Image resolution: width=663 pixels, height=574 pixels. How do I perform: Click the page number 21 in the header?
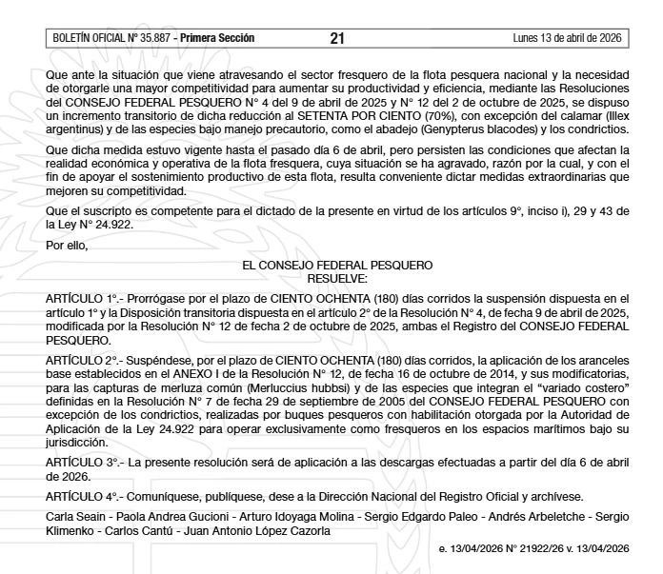(x=337, y=38)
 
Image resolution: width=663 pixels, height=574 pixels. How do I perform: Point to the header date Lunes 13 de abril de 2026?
(x=566, y=38)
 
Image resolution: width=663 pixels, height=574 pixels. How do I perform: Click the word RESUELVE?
(x=337, y=278)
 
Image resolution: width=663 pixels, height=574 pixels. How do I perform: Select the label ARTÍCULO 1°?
(x=82, y=299)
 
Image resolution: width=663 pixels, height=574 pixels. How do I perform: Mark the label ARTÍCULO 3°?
(x=82, y=461)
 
